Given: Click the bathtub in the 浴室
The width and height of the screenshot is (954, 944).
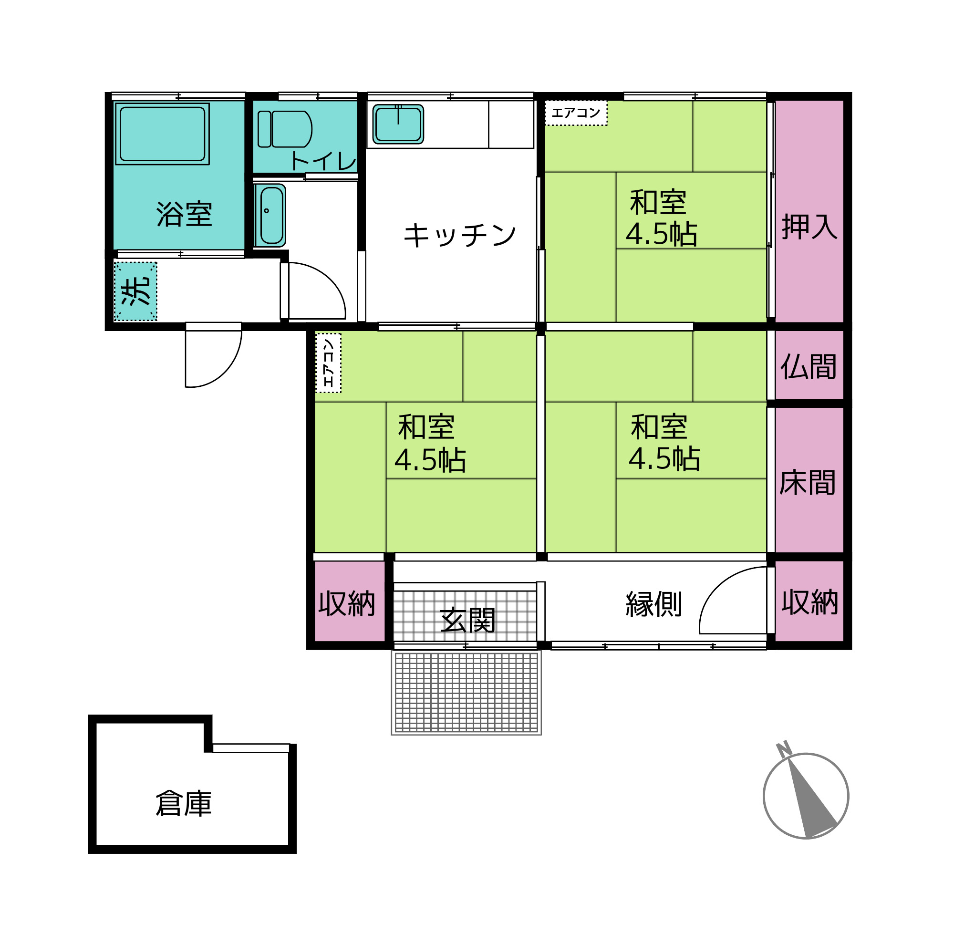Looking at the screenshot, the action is pyautogui.click(x=162, y=134).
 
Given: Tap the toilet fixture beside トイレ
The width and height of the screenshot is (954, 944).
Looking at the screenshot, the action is pyautogui.click(x=284, y=129).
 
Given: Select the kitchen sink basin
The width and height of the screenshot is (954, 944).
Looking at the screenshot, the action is pyautogui.click(x=398, y=124).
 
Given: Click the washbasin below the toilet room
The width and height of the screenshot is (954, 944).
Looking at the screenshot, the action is pyautogui.click(x=270, y=215).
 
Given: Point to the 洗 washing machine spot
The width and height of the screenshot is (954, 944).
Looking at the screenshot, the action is pyautogui.click(x=136, y=291).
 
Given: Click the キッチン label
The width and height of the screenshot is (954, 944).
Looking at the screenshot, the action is pyautogui.click(x=460, y=235).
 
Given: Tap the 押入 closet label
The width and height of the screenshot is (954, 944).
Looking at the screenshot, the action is pyautogui.click(x=809, y=227).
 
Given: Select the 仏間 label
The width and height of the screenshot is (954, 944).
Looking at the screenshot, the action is pyautogui.click(x=809, y=366).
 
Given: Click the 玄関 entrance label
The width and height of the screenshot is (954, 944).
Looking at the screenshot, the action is pyautogui.click(x=467, y=620).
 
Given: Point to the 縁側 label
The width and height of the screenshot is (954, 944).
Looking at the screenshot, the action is pyautogui.click(x=654, y=604).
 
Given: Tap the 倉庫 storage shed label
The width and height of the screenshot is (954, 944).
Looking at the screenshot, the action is pyautogui.click(x=184, y=803).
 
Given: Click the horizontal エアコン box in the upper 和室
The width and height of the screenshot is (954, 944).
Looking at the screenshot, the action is pyautogui.click(x=576, y=113).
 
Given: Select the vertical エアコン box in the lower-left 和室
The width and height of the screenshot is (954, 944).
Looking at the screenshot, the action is pyautogui.click(x=328, y=363).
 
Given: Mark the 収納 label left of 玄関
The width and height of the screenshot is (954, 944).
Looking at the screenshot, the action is pyautogui.click(x=347, y=603).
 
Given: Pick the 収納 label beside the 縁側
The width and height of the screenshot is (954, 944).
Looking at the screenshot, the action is pyautogui.click(x=810, y=602).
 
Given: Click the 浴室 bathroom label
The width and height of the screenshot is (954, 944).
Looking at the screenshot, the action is pyautogui.click(x=184, y=214).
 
